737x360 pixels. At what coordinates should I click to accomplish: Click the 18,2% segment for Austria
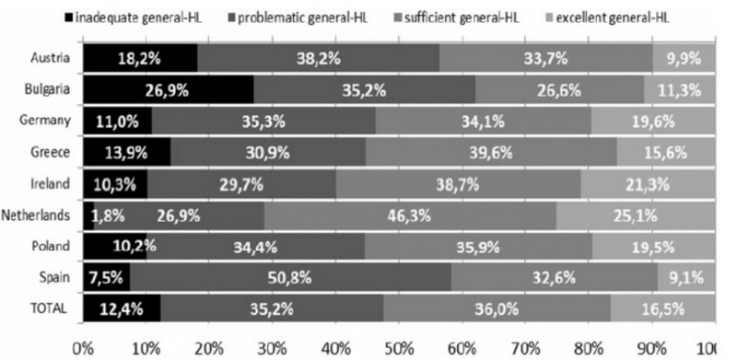141,58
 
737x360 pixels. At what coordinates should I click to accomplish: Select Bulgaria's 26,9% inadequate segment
169,89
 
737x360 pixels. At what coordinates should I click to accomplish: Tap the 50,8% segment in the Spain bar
290,277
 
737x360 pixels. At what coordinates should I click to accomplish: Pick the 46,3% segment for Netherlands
410,215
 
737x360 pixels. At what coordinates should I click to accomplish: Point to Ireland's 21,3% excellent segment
649,184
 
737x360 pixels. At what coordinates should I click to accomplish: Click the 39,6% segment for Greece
491,152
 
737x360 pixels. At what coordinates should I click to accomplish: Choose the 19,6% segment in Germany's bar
653,121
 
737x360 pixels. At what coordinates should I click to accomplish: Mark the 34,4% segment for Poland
256,246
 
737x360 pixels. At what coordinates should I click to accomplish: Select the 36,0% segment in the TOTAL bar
497,308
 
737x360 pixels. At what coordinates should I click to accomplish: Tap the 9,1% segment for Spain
686,277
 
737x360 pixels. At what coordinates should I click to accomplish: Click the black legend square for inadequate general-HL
68,18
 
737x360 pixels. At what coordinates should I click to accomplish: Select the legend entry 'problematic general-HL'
298,18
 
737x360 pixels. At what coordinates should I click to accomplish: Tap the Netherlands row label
36,215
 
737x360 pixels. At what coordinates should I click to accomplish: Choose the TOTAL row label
49,308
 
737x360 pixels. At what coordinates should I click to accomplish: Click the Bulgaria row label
48,89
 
